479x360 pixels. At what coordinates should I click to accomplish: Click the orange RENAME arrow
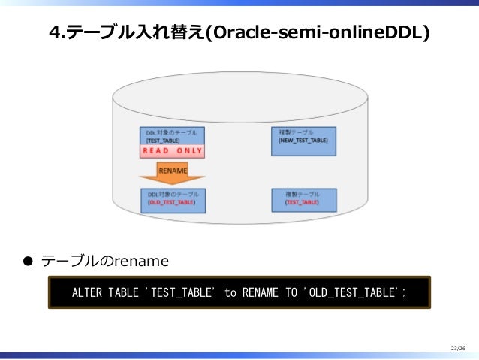(172, 174)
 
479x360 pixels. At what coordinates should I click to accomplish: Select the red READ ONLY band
(172, 151)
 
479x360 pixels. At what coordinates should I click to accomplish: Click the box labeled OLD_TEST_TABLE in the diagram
(172, 199)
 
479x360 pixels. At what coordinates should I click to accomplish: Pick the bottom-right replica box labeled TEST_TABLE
(303, 199)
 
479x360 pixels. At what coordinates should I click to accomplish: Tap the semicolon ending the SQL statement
(403, 292)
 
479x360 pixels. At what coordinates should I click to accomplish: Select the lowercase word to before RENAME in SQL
(230, 292)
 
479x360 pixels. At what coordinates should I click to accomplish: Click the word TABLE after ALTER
(122, 292)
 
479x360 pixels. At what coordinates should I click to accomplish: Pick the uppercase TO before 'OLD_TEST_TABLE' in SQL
(291, 292)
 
